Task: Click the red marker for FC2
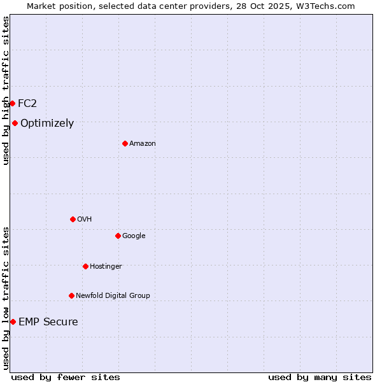click(x=12, y=103)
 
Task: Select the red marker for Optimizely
click(x=15, y=124)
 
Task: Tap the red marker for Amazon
click(x=125, y=143)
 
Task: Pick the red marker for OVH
click(x=73, y=219)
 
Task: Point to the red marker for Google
click(x=118, y=236)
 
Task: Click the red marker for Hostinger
click(x=85, y=266)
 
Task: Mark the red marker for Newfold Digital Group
click(x=71, y=295)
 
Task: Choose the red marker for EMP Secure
click(x=13, y=322)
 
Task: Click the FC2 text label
click(x=27, y=103)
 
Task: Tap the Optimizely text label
click(x=47, y=124)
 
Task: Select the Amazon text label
click(x=143, y=143)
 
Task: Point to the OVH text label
click(x=85, y=219)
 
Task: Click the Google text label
click(x=134, y=236)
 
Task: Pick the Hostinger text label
click(x=106, y=266)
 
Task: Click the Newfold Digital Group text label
click(x=113, y=295)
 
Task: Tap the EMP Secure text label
click(x=48, y=322)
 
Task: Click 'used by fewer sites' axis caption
click(x=66, y=377)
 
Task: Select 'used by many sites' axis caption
click(x=320, y=377)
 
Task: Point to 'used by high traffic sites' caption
click(x=6, y=90)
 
